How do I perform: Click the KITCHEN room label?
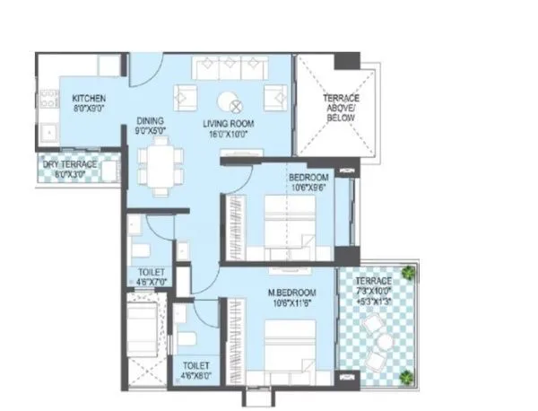point(89,98)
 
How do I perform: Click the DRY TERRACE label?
point(70,163)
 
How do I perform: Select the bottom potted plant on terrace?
point(408,375)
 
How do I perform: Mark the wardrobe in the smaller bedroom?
point(235,220)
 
